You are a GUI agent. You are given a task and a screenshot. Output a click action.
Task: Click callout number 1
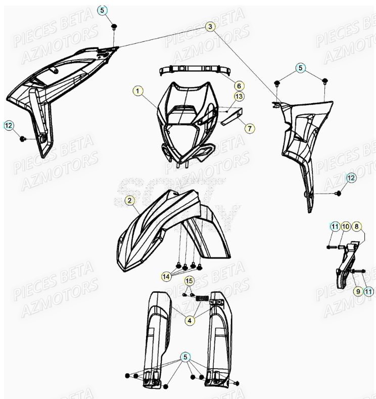(x=138, y=92)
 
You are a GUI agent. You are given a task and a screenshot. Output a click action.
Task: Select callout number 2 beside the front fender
(x=130, y=201)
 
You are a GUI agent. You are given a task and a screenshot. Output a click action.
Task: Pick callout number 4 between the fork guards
(x=189, y=320)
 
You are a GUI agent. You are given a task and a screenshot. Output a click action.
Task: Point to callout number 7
(x=249, y=128)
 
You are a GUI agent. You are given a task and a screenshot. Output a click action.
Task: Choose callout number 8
(x=356, y=226)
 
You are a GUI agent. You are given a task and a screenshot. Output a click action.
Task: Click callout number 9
(x=358, y=291)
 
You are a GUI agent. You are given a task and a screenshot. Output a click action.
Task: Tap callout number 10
(x=346, y=226)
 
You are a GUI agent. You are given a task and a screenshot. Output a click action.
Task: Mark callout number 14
(x=166, y=276)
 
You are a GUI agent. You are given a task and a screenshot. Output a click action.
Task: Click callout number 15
(x=189, y=281)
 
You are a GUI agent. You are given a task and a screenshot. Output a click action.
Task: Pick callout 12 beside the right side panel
(x=351, y=178)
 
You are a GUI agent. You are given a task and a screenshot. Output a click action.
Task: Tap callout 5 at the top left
(x=103, y=10)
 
